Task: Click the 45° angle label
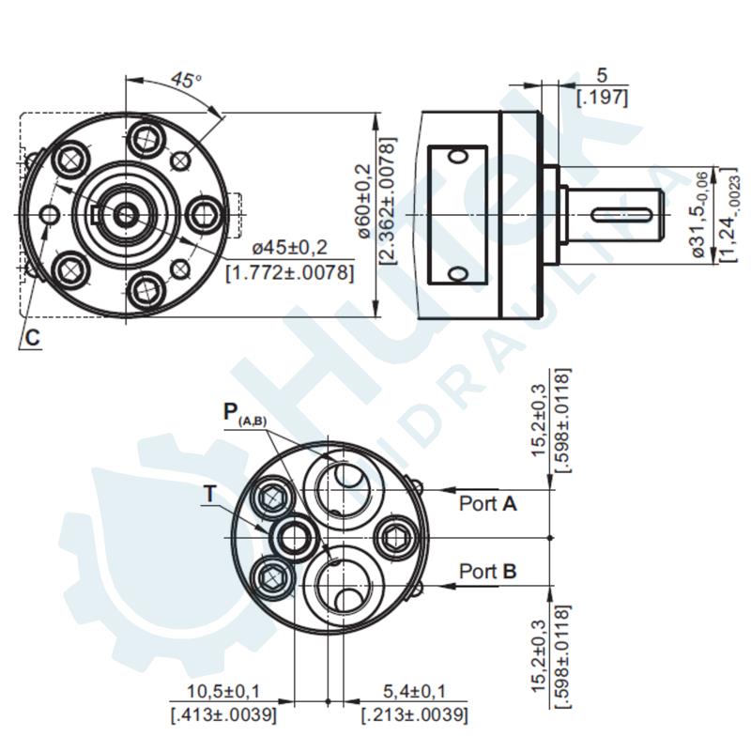(x=186, y=81)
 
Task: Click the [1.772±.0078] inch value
(x=291, y=272)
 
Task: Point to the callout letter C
(x=32, y=338)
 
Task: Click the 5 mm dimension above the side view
(x=602, y=74)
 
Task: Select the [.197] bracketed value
(x=602, y=96)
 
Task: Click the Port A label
(x=488, y=504)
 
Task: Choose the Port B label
(x=488, y=571)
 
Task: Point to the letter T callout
(x=209, y=493)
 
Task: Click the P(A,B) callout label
(x=244, y=413)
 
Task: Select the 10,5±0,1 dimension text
(x=223, y=693)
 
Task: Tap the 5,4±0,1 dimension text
(x=413, y=693)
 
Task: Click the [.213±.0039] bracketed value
(x=414, y=715)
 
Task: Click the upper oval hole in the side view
(x=457, y=156)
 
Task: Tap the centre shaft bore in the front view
(x=126, y=215)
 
